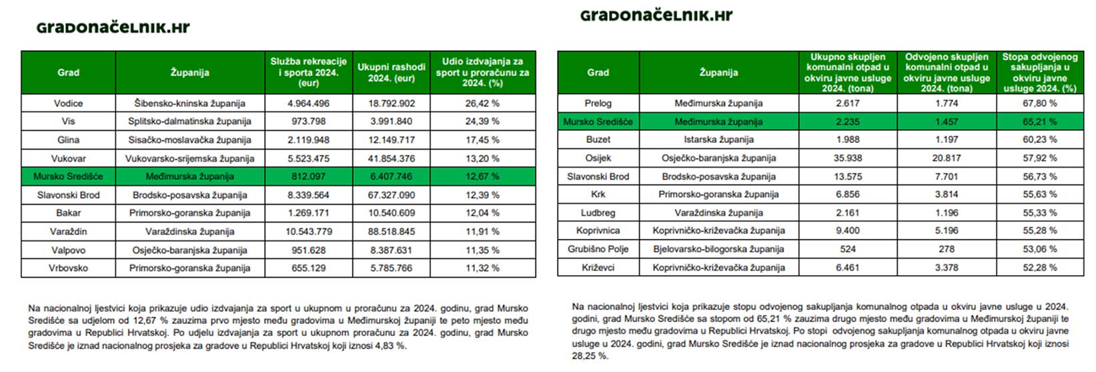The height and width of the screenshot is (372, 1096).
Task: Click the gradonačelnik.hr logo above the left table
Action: click(x=113, y=27)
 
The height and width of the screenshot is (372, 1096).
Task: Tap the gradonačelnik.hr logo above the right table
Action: click(x=656, y=15)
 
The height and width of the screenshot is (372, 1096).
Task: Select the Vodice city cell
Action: click(x=68, y=104)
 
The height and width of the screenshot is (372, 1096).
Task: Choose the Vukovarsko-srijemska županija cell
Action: click(x=189, y=158)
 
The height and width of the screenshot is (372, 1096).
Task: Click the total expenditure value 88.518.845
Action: click(x=391, y=232)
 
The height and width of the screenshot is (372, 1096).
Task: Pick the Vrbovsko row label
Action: click(x=68, y=268)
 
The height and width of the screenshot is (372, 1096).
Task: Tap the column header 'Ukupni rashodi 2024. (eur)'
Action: click(x=391, y=72)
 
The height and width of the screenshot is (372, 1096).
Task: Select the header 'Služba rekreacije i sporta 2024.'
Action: click(x=308, y=72)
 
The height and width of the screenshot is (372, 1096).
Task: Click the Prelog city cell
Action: click(x=598, y=104)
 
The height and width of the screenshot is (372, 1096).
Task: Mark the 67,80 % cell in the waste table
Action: click(x=1039, y=104)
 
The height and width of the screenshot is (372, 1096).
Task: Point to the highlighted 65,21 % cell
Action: click(x=1039, y=122)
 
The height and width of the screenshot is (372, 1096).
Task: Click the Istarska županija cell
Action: click(x=718, y=140)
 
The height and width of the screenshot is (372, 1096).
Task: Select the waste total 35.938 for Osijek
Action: click(x=847, y=158)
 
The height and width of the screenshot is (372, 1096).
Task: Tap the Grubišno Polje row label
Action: click(x=598, y=249)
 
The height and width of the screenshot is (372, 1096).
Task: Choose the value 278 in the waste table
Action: click(x=946, y=249)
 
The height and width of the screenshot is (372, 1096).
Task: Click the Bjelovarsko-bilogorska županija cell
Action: click(x=718, y=249)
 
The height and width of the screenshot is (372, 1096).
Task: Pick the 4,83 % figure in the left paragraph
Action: click(x=391, y=346)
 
